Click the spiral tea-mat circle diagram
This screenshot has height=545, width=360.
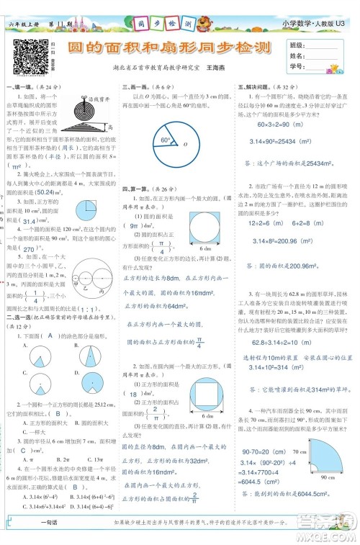(x=78, y=109)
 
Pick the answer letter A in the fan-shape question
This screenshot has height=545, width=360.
(x=51, y=315)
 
